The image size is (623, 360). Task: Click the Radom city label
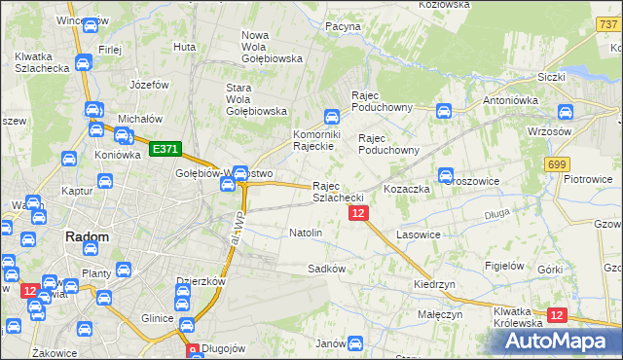[86, 236]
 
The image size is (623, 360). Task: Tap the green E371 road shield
[165, 149]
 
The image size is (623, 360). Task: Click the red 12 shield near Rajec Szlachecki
[358, 213]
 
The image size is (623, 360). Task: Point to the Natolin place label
[306, 234]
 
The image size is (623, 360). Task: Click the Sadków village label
[326, 268]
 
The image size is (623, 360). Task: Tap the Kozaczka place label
[407, 189]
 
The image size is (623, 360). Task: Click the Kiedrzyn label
[434, 284]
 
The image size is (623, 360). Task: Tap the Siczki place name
[552, 76]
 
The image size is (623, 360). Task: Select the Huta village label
[184, 46]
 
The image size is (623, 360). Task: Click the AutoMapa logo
[561, 342]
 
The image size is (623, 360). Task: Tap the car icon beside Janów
[355, 343]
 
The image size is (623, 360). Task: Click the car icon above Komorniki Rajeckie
[331, 116]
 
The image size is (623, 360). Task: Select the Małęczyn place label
[441, 315]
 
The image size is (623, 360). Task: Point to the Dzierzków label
[201, 282]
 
